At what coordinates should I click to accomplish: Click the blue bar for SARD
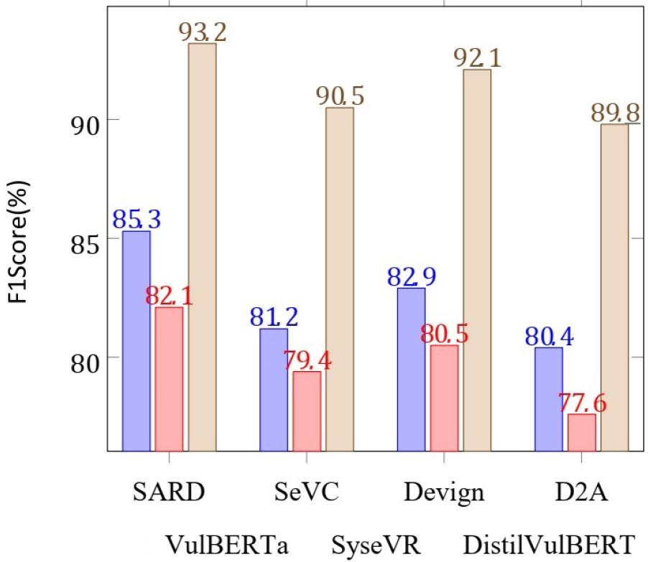point(136,341)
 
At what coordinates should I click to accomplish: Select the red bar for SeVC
point(307,411)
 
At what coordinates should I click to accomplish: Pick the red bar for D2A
point(581,432)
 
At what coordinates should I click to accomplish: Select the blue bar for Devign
point(410,369)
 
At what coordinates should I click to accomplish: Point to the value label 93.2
point(202,31)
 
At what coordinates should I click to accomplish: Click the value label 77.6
point(582,403)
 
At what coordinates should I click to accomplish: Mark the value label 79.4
point(307,360)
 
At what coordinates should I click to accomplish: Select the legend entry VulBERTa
point(227,543)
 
